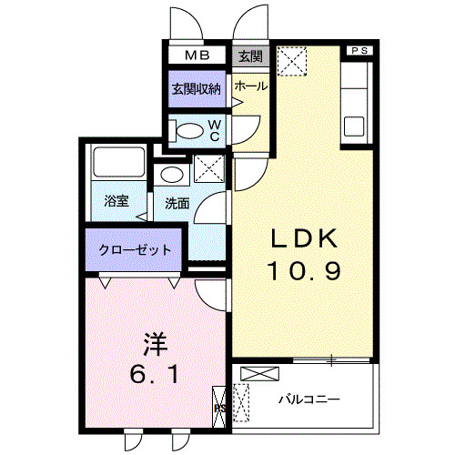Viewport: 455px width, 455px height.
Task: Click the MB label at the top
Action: [197, 56]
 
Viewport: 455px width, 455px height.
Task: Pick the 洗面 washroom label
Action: [177, 203]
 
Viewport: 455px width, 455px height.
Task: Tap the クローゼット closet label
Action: [135, 249]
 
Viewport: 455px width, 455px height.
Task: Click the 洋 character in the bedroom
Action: [154, 344]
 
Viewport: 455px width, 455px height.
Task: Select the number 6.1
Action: [154, 373]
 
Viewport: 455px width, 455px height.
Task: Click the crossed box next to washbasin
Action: [209, 169]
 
